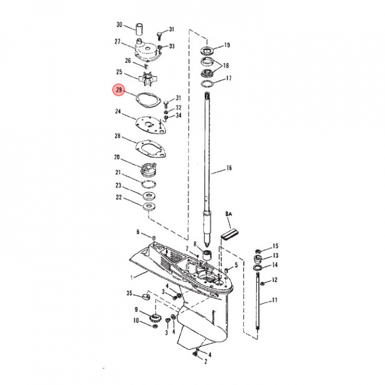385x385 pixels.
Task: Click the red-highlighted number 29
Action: [x=119, y=90]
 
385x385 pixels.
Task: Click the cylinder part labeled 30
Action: [x=139, y=29]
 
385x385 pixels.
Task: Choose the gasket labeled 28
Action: [x=151, y=148]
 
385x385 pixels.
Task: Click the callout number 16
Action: [x=229, y=168]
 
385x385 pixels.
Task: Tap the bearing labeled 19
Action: [x=207, y=50]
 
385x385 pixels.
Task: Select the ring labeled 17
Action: [x=207, y=83]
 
